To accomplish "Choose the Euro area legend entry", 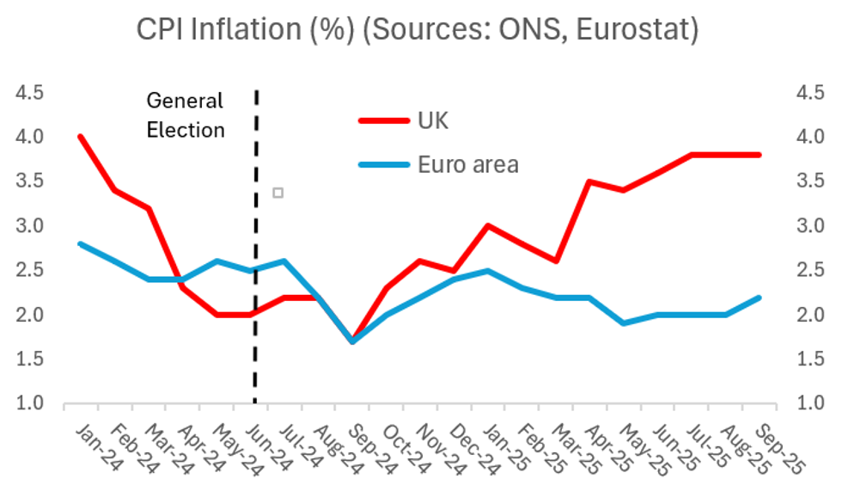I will [x=467, y=163].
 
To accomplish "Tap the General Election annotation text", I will [x=185, y=115].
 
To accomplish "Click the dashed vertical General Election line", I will [x=256, y=258].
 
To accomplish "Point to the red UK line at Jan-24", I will [x=80, y=136].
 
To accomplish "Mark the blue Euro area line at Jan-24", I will [x=80, y=243].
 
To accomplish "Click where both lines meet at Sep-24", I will [x=351, y=341].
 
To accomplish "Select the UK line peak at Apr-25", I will [x=589, y=181].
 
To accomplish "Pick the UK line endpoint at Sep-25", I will [x=759, y=155].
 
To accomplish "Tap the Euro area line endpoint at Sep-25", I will [x=759, y=298].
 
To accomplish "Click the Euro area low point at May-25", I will [x=623, y=323].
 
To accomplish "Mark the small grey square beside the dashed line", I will [x=278, y=193].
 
